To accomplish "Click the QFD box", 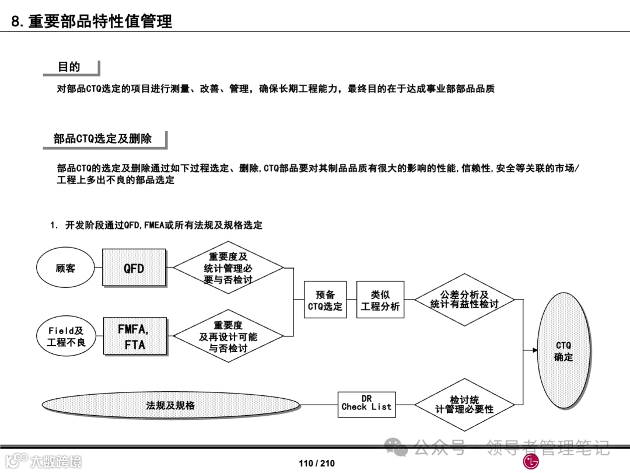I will click(134, 268).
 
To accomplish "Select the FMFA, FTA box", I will click(134, 336).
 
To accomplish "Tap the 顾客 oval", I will click(65, 268).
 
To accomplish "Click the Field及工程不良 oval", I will click(65, 336).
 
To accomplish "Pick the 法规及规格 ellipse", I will click(170, 405).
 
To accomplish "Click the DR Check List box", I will click(366, 404).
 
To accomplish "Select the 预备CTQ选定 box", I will click(325, 300).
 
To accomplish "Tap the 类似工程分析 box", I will click(380, 300).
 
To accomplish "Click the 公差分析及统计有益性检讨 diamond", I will click(464, 300).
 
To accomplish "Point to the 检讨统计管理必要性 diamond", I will click(464, 404).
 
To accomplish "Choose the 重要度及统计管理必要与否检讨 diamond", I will click(228, 268).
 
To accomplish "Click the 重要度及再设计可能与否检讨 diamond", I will click(228, 336).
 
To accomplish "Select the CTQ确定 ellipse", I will click(563, 351).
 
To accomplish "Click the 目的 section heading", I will click(69, 67).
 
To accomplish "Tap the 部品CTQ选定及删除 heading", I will click(103, 138).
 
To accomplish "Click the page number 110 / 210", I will click(317, 463).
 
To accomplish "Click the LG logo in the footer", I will click(531, 462).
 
